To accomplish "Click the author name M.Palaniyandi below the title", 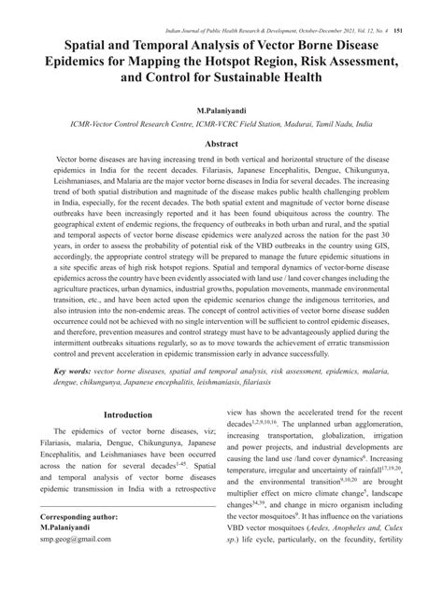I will click(x=221, y=109).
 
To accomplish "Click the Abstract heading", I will click(x=221, y=145).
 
